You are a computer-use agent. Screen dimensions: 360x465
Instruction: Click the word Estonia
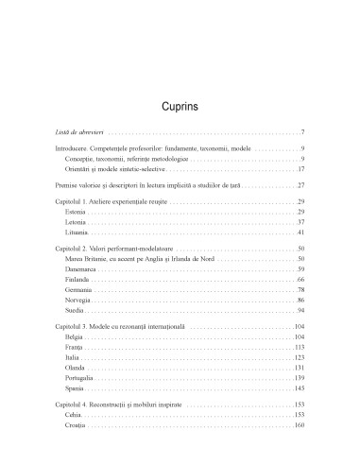coord(77,212)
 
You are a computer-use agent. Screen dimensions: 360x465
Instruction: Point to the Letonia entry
coord(77,222)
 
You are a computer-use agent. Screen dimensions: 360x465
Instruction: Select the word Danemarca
coord(83,269)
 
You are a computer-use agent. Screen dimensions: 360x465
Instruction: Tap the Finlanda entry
coord(79,280)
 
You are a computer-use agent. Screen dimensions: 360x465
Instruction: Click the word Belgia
coord(77,337)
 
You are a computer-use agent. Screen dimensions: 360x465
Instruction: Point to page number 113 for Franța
coord(298,348)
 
